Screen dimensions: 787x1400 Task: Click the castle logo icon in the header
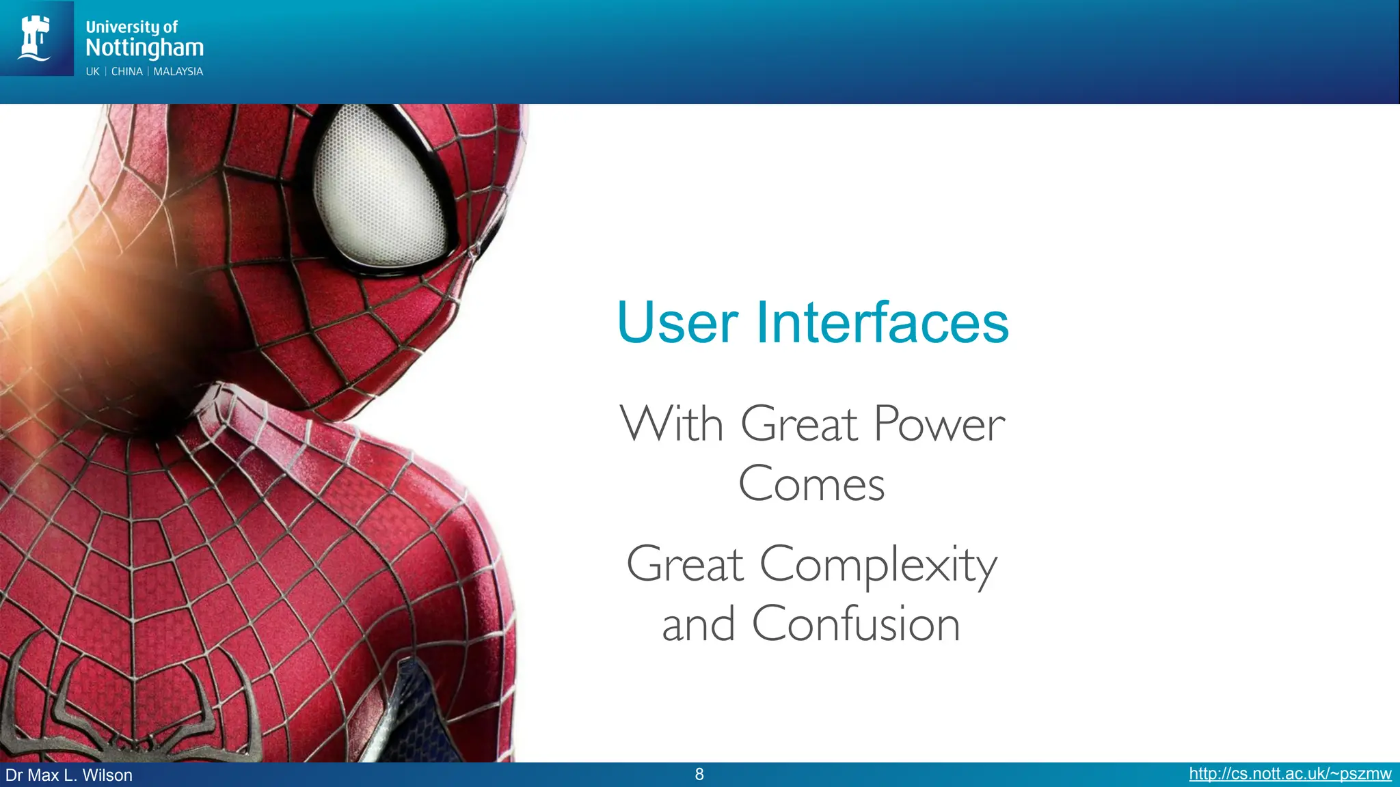coord(36,38)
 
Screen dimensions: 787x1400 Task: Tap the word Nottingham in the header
coord(144,48)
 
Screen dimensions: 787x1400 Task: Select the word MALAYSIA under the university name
coord(178,72)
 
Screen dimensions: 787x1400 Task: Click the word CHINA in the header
coord(127,72)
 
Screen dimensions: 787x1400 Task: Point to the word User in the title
coord(677,322)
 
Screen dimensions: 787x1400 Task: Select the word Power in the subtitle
coord(939,425)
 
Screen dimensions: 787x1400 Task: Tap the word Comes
coord(811,484)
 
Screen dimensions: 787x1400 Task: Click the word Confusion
coord(856,624)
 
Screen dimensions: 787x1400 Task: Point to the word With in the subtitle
coord(671,425)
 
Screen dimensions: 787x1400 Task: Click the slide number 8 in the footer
coord(699,774)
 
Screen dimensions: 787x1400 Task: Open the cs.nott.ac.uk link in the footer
coord(1290,774)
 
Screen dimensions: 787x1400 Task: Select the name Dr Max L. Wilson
coord(69,775)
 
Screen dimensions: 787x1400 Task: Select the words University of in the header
coord(131,27)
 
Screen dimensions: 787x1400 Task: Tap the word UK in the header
coord(92,72)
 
